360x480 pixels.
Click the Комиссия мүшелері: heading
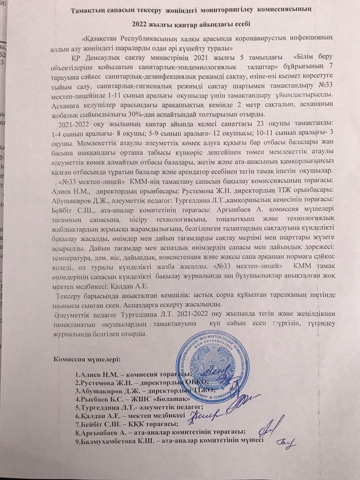tap(87, 359)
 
